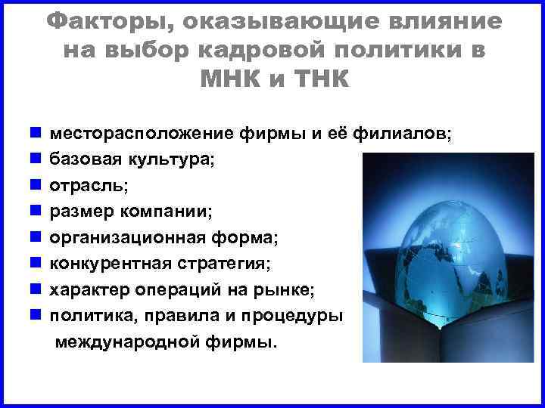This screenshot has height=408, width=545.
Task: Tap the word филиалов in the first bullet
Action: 383,134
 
